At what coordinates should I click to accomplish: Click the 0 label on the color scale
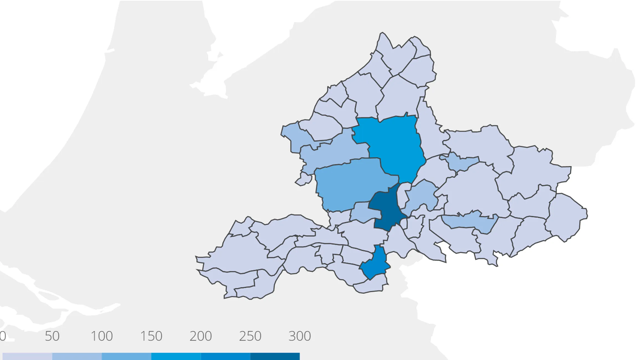tap(2, 336)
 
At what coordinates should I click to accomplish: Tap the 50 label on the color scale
tap(52, 336)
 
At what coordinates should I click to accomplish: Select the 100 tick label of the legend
tap(102, 336)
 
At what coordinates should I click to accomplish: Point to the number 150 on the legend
tap(151, 336)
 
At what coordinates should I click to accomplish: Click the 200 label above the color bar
tap(201, 336)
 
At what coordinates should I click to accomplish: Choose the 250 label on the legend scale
tap(250, 336)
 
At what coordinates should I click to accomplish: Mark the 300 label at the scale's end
tap(300, 336)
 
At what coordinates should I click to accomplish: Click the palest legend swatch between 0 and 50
tap(27, 356)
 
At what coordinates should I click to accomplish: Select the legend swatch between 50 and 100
tap(77, 356)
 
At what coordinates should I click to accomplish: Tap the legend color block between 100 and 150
tap(126, 356)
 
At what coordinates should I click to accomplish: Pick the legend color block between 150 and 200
tap(176, 356)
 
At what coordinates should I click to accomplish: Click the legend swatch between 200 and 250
tap(225, 356)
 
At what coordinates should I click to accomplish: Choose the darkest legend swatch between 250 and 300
tap(275, 356)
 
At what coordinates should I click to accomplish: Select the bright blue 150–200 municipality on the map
tap(393, 144)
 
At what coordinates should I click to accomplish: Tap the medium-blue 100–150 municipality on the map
tap(352, 183)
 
